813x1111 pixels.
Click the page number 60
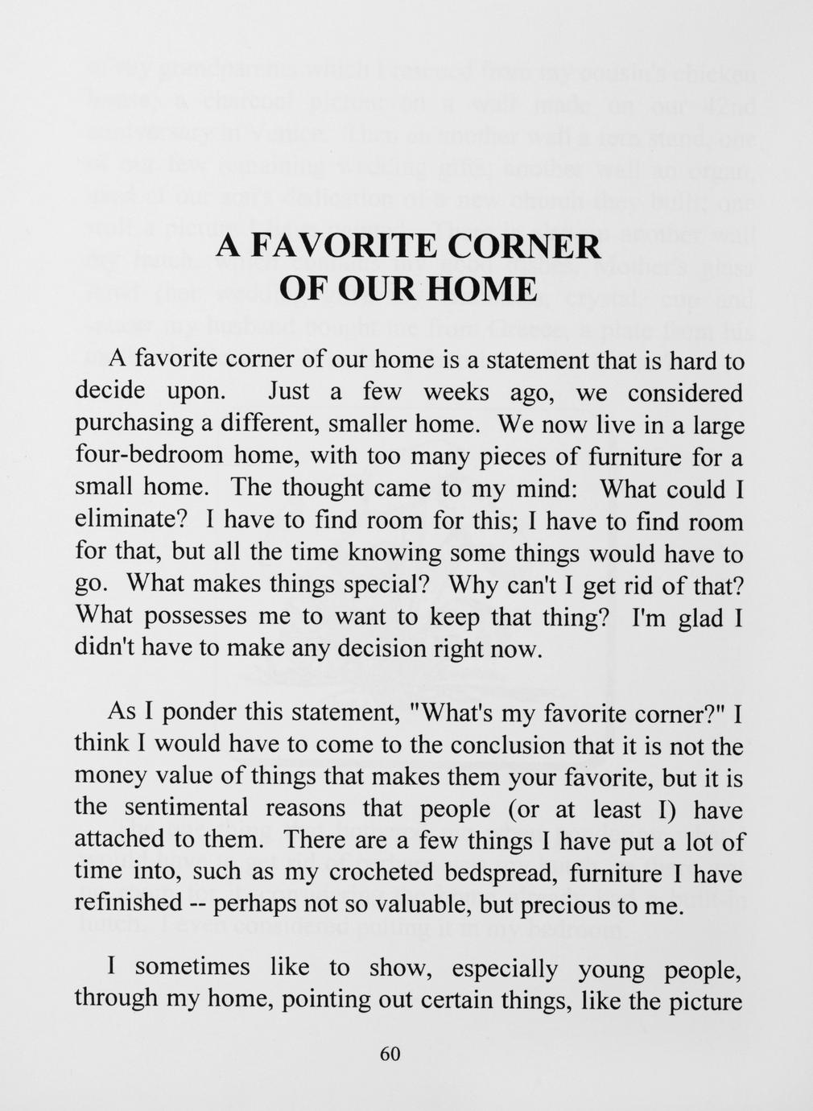(x=390, y=1055)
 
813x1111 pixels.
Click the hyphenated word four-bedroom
(x=147, y=456)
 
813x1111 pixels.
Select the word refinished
(x=128, y=904)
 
